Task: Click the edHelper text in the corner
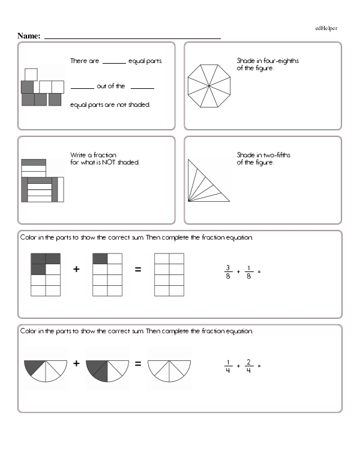point(326,28)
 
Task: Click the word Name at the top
point(29,36)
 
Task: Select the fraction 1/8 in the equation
point(248,271)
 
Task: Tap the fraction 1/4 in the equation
point(228,366)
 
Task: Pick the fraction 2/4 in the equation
point(248,366)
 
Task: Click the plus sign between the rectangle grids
point(77,270)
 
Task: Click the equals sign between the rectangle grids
point(138,270)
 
